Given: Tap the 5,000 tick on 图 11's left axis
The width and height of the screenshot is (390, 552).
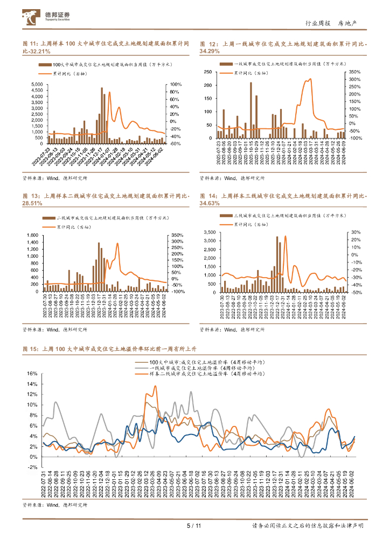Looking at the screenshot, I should click(x=37, y=85).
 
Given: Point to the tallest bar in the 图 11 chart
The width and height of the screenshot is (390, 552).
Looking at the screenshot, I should click(x=102, y=114).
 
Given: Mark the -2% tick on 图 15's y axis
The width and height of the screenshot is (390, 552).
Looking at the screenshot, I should click(x=31, y=467).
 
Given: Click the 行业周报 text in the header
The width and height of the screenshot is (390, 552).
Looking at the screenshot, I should click(x=317, y=23).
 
